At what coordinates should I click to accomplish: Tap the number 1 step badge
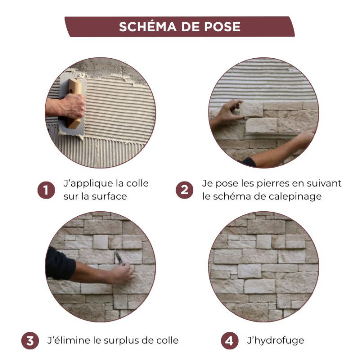46,190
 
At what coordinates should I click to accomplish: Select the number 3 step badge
30,341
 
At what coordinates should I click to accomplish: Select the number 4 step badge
229,341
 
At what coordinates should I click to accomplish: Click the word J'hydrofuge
275,341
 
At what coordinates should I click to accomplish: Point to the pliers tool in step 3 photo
118,259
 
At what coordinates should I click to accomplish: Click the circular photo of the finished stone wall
263,266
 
